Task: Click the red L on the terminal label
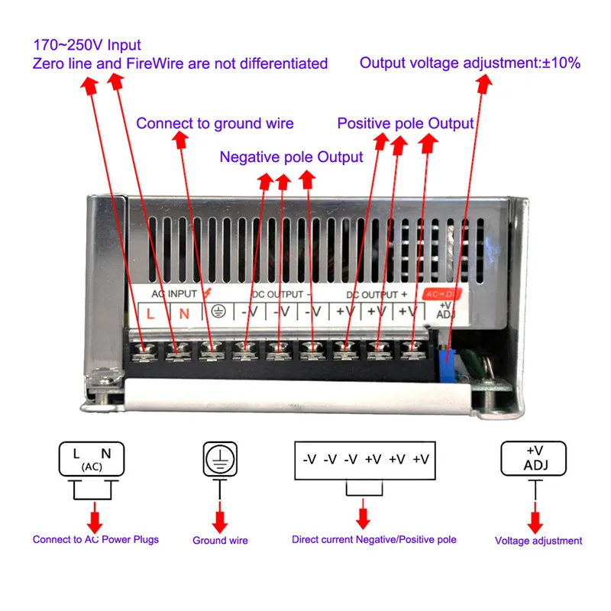tap(150, 314)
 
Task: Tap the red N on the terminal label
tap(184, 314)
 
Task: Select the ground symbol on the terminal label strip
tap(218, 312)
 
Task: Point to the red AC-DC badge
tap(442, 294)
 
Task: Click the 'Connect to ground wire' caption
tap(215, 124)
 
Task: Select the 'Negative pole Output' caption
tap(291, 157)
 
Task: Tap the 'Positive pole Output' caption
tap(406, 124)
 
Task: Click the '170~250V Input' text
tap(87, 45)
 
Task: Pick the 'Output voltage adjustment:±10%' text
tap(470, 63)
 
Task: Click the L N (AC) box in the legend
tap(92, 459)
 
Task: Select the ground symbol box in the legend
tap(220, 459)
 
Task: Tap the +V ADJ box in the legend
tap(533, 459)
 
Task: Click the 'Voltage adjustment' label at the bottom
tap(538, 541)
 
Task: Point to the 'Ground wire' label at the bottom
tap(220, 541)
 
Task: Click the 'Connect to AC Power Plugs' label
tap(96, 540)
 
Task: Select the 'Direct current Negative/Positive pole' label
tap(374, 540)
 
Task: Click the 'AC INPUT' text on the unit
tap(174, 294)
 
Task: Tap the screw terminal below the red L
tap(144, 351)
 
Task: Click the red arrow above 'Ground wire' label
tap(220, 517)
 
